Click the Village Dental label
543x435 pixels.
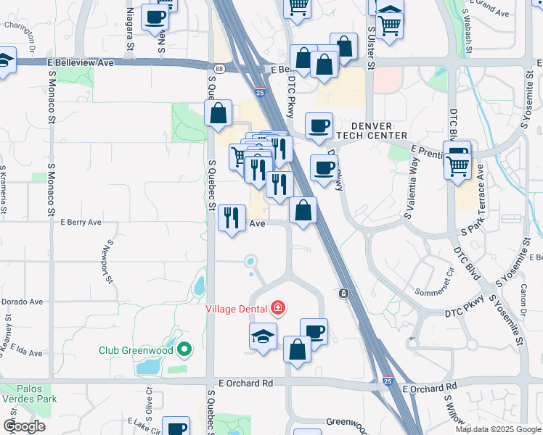(x=237, y=308)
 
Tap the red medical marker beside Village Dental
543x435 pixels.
(x=277, y=308)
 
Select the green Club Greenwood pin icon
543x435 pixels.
(x=184, y=350)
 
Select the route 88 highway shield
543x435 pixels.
(x=219, y=69)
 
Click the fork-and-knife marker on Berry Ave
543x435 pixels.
(x=232, y=217)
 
